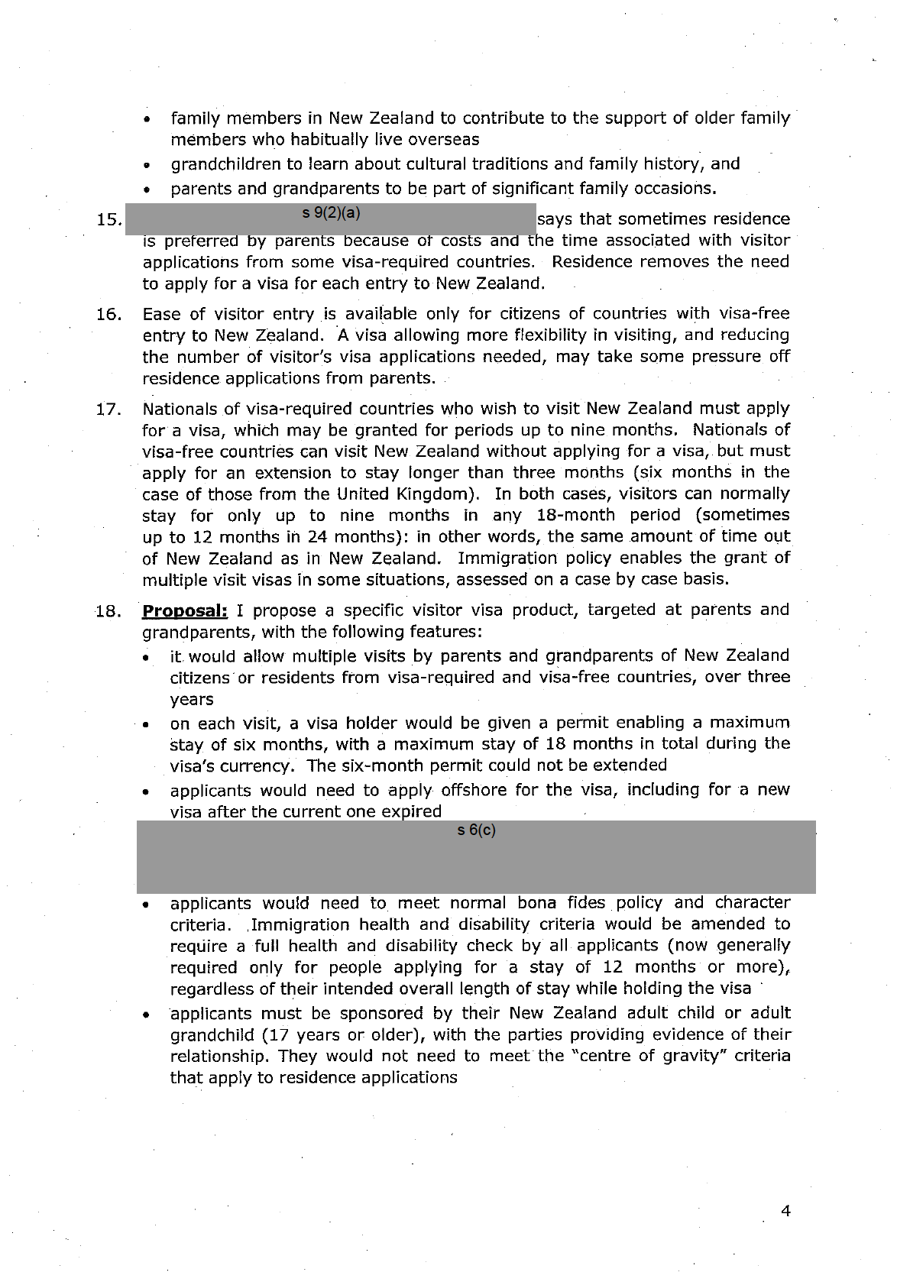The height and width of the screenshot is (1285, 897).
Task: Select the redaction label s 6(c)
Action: (x=477, y=830)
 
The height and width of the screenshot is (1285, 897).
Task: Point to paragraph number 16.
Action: (x=110, y=314)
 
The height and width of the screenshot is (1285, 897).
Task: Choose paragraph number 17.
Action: (x=110, y=409)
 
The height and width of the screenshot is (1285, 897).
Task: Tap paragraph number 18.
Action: (x=110, y=611)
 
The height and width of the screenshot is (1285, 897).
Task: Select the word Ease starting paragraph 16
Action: (x=159, y=314)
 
